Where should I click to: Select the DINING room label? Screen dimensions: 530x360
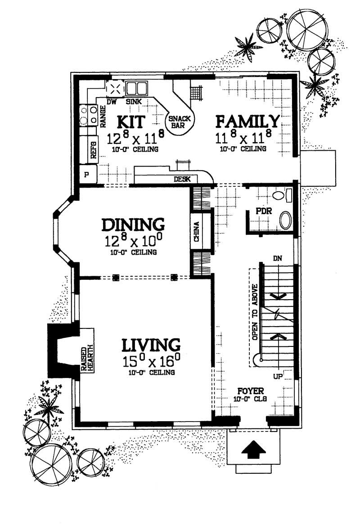click(x=133, y=224)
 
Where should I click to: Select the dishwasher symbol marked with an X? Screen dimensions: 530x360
click(x=115, y=88)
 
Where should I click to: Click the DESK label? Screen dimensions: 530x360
click(x=182, y=180)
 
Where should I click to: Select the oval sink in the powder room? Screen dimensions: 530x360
click(x=286, y=221)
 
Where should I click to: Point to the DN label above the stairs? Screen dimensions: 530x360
click(x=278, y=258)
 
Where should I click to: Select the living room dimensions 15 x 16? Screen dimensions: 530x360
click(x=151, y=361)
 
